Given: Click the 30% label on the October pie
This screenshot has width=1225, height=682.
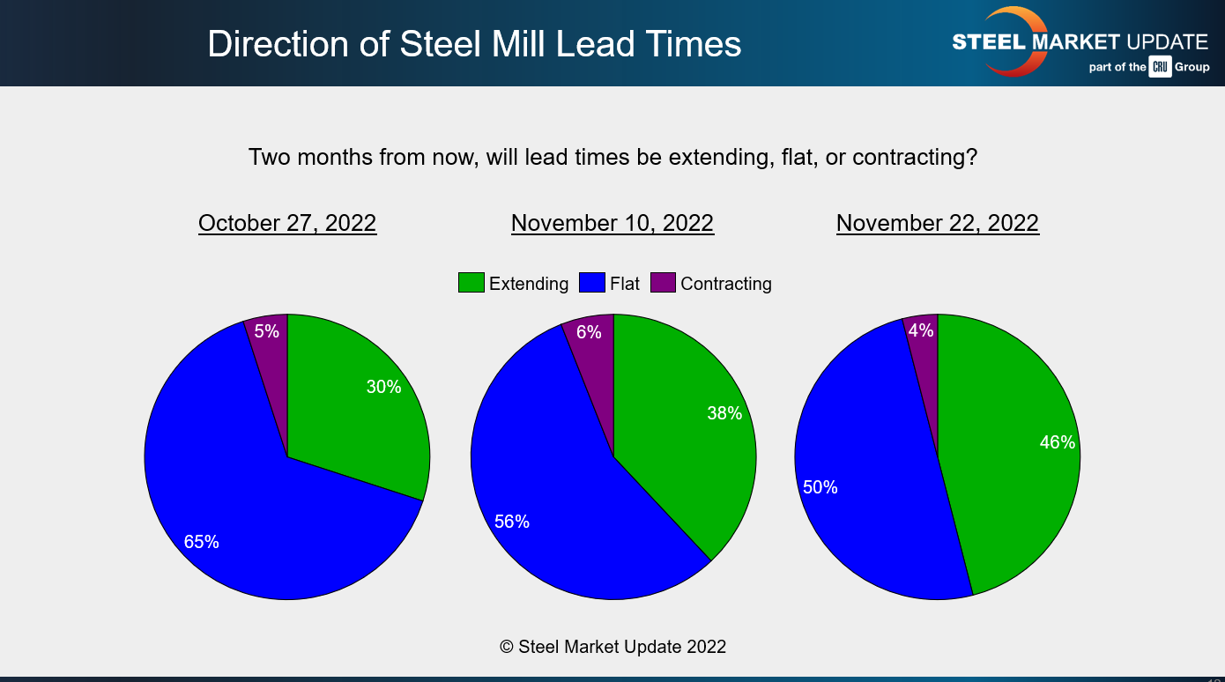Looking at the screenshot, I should [383, 387].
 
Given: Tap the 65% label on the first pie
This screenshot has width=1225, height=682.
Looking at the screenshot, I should [201, 542].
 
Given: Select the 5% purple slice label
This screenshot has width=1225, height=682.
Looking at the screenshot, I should [266, 331].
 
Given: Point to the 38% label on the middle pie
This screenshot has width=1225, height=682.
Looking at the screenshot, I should [724, 413].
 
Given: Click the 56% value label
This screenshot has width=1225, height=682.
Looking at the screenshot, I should [512, 522].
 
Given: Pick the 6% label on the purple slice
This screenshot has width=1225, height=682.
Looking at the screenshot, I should [589, 332].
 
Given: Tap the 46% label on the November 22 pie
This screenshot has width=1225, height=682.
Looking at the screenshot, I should [1057, 442].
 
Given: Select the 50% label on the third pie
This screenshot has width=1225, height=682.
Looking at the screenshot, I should [820, 487].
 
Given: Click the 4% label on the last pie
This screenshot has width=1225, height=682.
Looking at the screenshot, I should [920, 330].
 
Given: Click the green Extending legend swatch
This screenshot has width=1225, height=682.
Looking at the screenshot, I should [471, 283].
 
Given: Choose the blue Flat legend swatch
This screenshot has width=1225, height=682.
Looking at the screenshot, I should [591, 283].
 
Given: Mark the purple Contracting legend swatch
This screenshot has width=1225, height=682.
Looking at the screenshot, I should [663, 283].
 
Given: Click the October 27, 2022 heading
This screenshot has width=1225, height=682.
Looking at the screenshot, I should [287, 223].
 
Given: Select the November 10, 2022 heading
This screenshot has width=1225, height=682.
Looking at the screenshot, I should [612, 223].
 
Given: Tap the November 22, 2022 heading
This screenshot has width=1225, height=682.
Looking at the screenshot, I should [938, 223].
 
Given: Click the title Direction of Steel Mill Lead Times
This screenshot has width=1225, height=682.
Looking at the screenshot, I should [474, 44].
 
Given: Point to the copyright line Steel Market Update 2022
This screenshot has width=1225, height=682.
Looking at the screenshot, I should [612, 647].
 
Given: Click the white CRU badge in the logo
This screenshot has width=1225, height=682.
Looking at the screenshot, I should [1160, 67].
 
